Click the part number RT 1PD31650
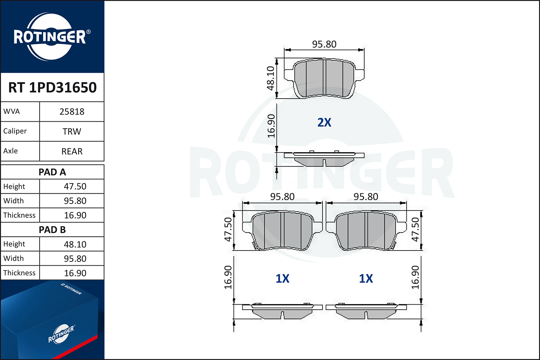[52, 87]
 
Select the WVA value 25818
[72, 112]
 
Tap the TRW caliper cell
[72, 131]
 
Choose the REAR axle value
[72, 151]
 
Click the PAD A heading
[52, 172]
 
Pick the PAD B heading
[52, 230]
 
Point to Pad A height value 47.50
[75, 186]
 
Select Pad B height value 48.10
[75, 244]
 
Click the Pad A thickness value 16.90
[75, 215]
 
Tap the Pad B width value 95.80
[75, 258]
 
